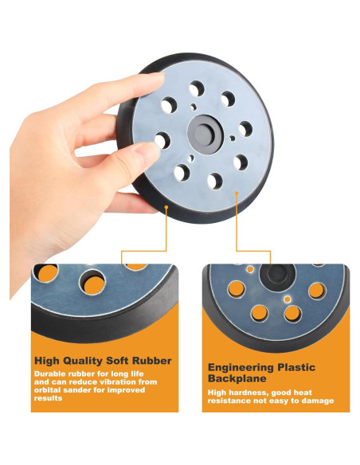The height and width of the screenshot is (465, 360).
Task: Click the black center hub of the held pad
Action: point(205,135)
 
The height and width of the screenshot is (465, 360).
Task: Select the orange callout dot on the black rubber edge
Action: point(166,207)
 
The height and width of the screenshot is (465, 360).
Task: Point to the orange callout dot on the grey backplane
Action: point(237,193)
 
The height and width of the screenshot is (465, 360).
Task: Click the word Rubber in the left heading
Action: point(151,361)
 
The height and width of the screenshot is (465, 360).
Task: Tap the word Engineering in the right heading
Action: point(241,368)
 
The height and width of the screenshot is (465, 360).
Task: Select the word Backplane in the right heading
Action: point(237,378)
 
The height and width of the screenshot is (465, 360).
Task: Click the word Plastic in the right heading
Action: point(296,367)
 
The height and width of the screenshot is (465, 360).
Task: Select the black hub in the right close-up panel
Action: point(277,274)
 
